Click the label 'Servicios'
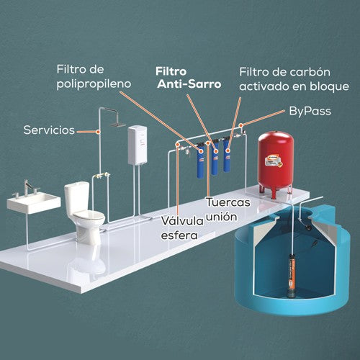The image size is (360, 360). tap(49, 131)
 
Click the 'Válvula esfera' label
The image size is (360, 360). tap(180, 228)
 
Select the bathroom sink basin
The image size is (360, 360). tap(33, 202)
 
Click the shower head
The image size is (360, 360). tap(114, 123)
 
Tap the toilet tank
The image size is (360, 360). tap(77, 193)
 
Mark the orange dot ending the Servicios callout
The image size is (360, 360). tap(98, 131)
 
